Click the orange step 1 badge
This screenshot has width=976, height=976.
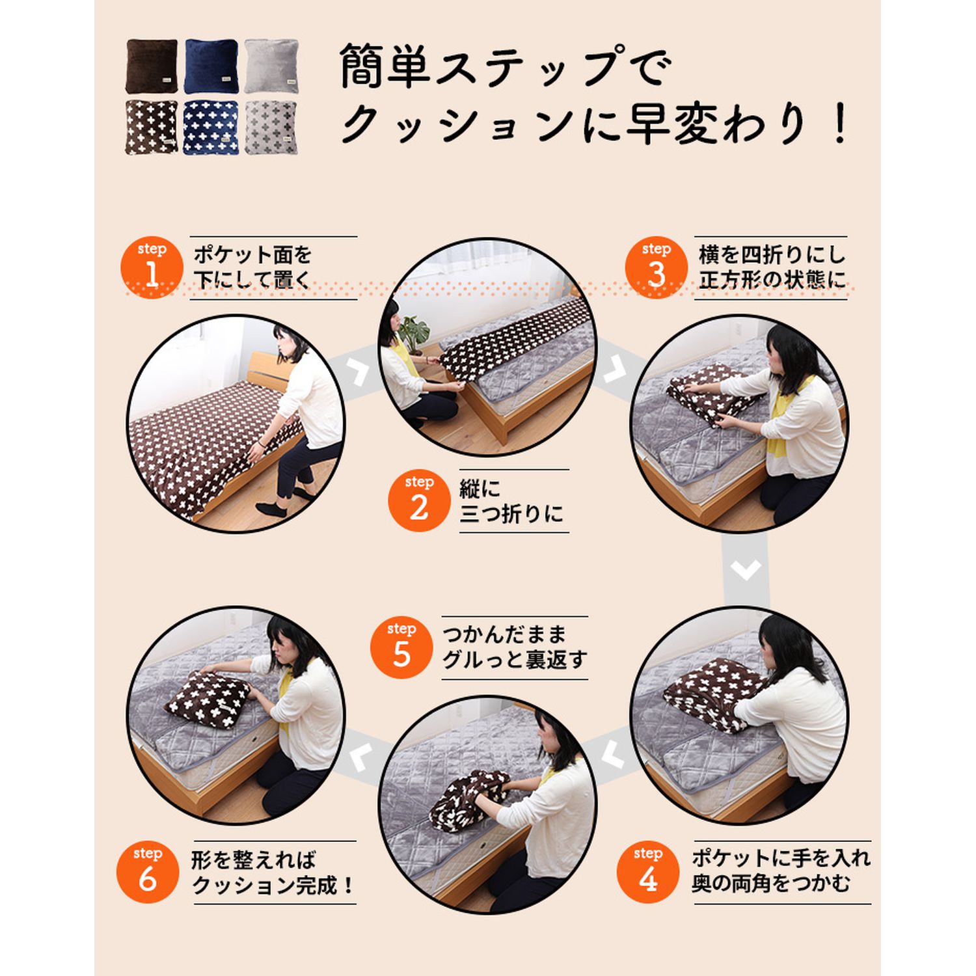pos(152,267)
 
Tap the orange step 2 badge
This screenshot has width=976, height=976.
pos(419,501)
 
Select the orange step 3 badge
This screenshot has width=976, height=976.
pos(657,267)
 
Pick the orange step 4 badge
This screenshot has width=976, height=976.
pos(648,872)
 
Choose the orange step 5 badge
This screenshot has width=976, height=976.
pos(401,648)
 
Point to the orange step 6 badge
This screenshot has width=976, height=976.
pos(148,872)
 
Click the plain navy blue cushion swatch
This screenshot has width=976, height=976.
pos(211,66)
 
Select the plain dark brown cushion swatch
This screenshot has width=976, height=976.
pos(152,66)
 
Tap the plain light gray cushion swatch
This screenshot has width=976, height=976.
pos(271,66)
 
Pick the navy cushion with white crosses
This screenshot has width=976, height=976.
pos(211,127)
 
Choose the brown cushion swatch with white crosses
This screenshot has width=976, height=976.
pos(152,127)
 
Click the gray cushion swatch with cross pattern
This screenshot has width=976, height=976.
pos(271,127)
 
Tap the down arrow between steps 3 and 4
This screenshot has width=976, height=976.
pos(746,571)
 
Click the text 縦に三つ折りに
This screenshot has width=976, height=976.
pos(511,501)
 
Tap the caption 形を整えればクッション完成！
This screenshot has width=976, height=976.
pos(273,872)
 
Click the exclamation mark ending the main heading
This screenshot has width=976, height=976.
pos(840,123)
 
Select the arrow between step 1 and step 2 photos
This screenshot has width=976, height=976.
pos(359,372)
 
